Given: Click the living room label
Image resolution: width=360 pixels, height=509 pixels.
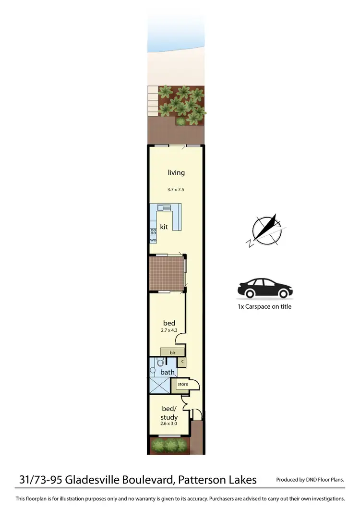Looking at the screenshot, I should pos(176,173).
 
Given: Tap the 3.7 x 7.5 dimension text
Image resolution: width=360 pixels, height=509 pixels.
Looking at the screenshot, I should pos(176,190).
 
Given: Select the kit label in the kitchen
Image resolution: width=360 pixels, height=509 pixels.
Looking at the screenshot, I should pos(164,227).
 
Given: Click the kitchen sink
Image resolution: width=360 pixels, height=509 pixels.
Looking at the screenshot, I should pos(162,208).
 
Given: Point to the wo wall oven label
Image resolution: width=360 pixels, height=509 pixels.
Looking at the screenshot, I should pos(154,239).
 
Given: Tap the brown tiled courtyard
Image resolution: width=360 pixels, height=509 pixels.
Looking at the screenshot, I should pos(166,273).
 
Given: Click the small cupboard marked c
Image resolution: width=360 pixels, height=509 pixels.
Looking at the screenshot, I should pos(182,361).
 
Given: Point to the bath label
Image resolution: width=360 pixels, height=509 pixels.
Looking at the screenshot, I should pos(168,372).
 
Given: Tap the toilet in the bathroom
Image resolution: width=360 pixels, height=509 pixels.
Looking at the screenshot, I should pos(153,371).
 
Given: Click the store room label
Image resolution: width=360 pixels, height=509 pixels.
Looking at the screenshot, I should pos(182,384).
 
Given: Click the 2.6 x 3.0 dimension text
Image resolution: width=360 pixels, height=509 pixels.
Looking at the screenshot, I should pos(168,424).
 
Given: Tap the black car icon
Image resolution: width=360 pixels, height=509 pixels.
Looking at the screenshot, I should pos(265,288).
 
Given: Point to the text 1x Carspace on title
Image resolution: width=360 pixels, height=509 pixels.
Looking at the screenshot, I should pos(264,306).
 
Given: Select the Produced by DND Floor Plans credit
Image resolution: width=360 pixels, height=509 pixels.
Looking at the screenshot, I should pos(310,480).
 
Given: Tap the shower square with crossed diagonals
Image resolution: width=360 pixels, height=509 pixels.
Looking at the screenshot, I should pos(160,385).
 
